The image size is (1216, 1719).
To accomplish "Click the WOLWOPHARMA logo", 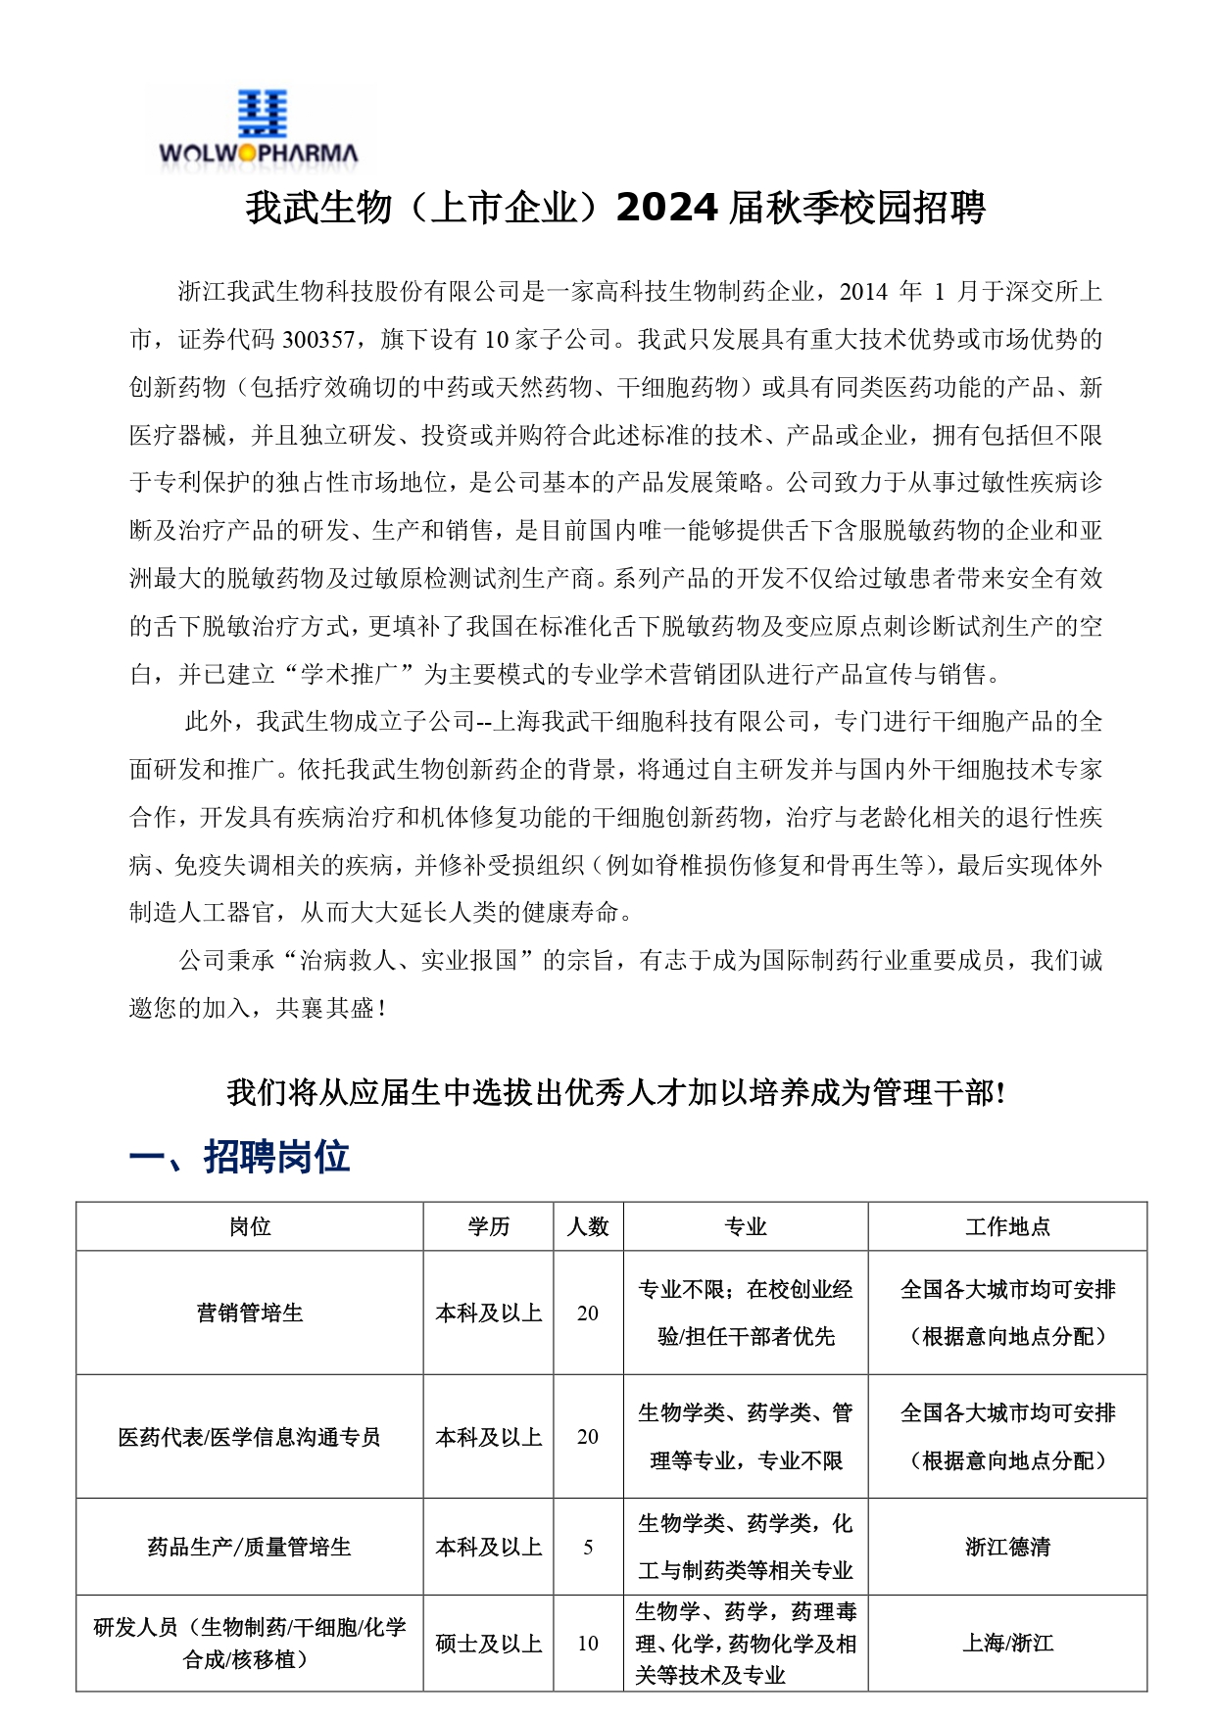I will pyautogui.click(x=260, y=128).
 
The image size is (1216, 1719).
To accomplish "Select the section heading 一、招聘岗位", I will pyautogui.click(x=239, y=1156).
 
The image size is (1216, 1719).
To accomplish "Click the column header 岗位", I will pyautogui.click(x=250, y=1226).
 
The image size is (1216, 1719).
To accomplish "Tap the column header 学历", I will pyautogui.click(x=488, y=1226).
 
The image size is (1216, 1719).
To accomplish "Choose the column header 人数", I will pyautogui.click(x=588, y=1226).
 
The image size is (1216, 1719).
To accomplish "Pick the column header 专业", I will pyautogui.click(x=745, y=1226).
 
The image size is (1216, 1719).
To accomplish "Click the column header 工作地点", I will pyautogui.click(x=1007, y=1226).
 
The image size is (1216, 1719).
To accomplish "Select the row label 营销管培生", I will pyautogui.click(x=250, y=1313).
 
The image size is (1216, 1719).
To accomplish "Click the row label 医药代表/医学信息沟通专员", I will pyautogui.click(x=250, y=1437).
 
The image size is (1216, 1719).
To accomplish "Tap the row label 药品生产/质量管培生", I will pyautogui.click(x=250, y=1548).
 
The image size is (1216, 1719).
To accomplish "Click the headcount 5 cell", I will pyautogui.click(x=588, y=1548).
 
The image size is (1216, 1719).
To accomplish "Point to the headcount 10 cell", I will pyautogui.click(x=588, y=1644).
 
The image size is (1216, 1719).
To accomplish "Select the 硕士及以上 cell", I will pyautogui.click(x=488, y=1644).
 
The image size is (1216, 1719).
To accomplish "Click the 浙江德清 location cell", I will pyautogui.click(x=1007, y=1548).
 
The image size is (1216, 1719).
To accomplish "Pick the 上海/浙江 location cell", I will pyautogui.click(x=1007, y=1644).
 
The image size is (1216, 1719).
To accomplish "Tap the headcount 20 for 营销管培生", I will pyautogui.click(x=588, y=1313).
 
